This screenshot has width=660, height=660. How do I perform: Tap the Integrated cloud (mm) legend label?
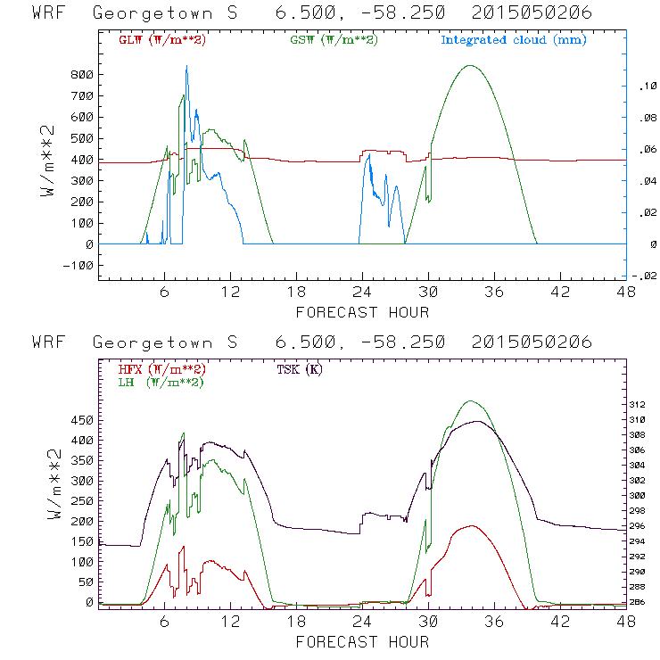(514, 40)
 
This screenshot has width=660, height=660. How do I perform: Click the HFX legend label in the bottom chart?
(161, 369)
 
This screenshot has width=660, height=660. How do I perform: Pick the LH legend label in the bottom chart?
(160, 382)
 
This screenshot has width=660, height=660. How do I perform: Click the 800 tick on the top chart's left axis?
(82, 75)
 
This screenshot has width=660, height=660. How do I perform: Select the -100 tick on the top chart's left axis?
(79, 266)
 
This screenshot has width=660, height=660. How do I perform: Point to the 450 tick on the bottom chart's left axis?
(82, 419)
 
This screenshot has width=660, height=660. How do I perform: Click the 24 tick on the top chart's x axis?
(362, 292)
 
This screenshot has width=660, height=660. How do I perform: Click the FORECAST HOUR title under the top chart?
(362, 312)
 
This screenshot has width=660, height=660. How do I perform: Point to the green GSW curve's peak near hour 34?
(470, 65)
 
